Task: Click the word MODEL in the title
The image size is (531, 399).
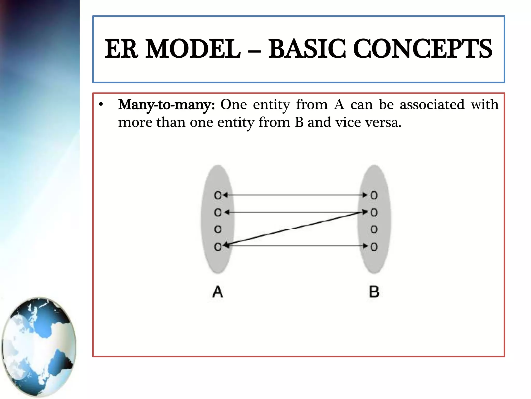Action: [x=193, y=49]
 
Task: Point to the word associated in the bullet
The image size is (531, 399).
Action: [x=432, y=105]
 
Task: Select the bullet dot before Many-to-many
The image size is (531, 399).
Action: [x=101, y=105]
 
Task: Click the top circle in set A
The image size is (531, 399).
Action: [x=218, y=195]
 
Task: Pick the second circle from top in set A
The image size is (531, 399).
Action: [x=218, y=212]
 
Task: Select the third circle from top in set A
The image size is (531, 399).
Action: [x=218, y=229]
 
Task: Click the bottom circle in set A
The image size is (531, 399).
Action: [x=218, y=247]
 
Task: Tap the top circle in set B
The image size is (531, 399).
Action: [x=374, y=195]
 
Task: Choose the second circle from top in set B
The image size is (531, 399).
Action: [x=374, y=212]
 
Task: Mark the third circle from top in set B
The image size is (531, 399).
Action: [x=374, y=229]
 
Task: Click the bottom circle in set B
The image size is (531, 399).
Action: [x=374, y=247]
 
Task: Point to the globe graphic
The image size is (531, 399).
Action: [x=39, y=347]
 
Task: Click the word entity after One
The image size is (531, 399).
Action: [x=271, y=105]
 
